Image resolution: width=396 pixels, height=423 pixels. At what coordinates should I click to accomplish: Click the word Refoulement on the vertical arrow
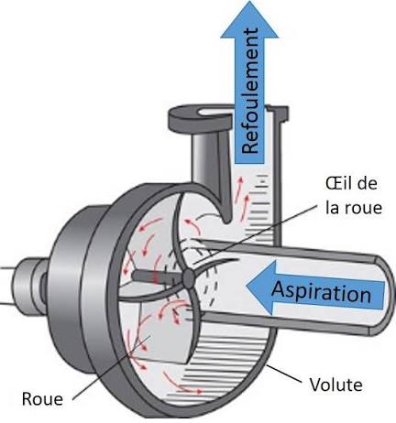(249, 91)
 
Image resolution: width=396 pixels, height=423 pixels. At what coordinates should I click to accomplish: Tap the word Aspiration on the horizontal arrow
(321, 292)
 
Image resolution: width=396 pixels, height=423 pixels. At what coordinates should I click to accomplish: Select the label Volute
(336, 385)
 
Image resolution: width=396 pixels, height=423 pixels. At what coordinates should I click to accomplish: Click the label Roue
(42, 399)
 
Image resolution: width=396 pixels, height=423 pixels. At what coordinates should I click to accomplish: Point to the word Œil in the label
(339, 184)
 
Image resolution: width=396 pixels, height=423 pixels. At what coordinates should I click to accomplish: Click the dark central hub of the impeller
(189, 278)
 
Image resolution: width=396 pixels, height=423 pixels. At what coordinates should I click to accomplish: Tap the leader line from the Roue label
(112, 367)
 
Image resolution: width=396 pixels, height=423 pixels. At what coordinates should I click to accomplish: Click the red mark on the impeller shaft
(157, 277)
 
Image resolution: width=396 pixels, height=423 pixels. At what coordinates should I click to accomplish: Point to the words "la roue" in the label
(354, 208)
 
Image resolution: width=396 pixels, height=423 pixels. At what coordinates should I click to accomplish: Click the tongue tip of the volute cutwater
(226, 221)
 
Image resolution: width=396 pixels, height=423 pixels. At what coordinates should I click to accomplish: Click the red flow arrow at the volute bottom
(182, 383)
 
